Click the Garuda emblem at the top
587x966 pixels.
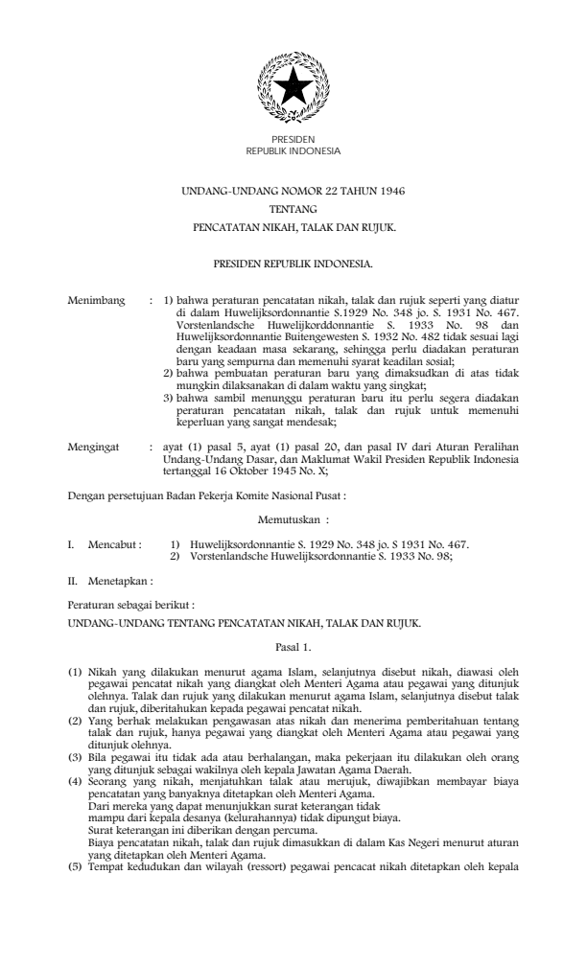point(293,89)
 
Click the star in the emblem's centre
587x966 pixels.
point(293,89)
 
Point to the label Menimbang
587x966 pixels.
point(96,301)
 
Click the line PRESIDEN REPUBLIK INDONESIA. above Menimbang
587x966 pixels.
point(293,261)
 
